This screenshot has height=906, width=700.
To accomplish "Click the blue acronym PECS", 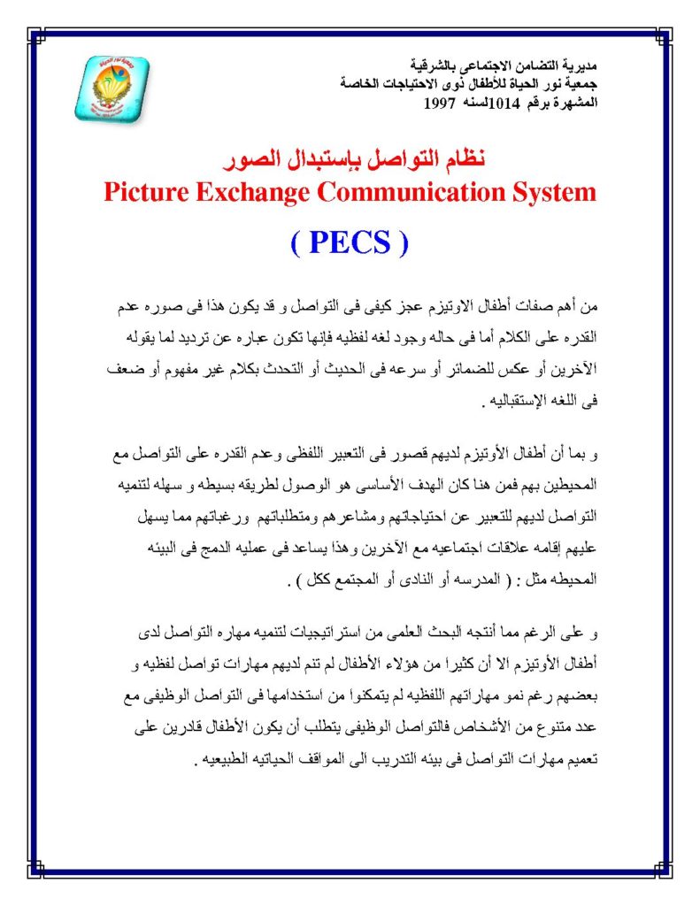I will (350, 242).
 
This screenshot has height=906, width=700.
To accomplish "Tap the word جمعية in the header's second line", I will (581, 83).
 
